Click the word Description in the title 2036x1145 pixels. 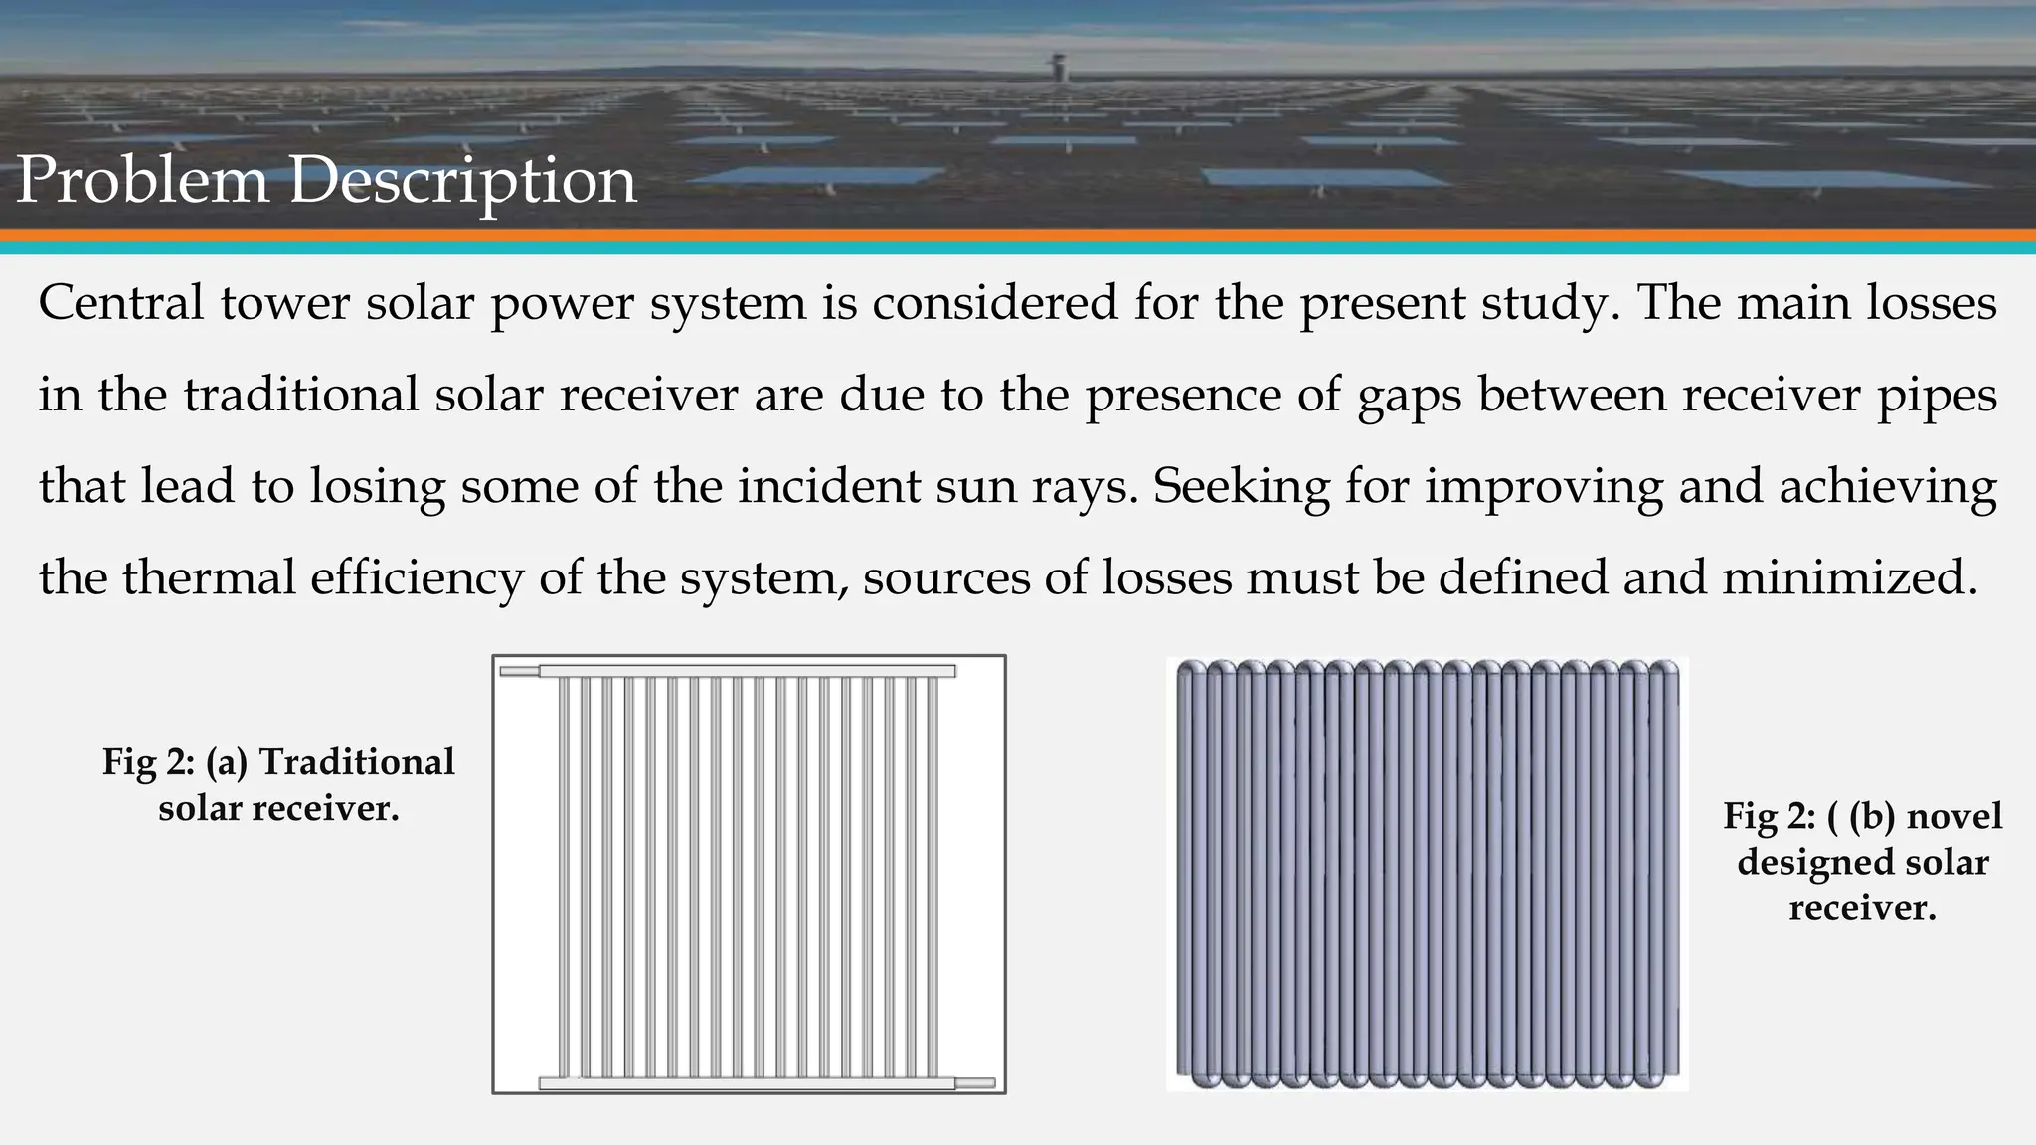click(x=462, y=182)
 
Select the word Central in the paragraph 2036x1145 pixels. click(x=121, y=302)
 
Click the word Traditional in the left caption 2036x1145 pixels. click(x=357, y=762)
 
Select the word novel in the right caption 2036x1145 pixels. click(x=1954, y=816)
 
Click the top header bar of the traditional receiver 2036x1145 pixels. click(x=747, y=671)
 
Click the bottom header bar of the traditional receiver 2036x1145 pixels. click(x=747, y=1083)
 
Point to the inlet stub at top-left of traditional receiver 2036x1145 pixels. click(x=519, y=672)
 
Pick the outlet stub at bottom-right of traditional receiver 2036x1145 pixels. click(x=974, y=1082)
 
